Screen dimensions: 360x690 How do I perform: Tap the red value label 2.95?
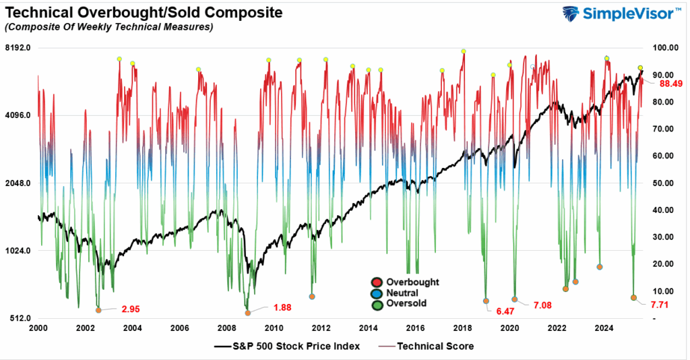[x=130, y=309]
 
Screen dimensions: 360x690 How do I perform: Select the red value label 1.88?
[x=282, y=308]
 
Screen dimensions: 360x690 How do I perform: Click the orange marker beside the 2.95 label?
[x=98, y=310]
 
